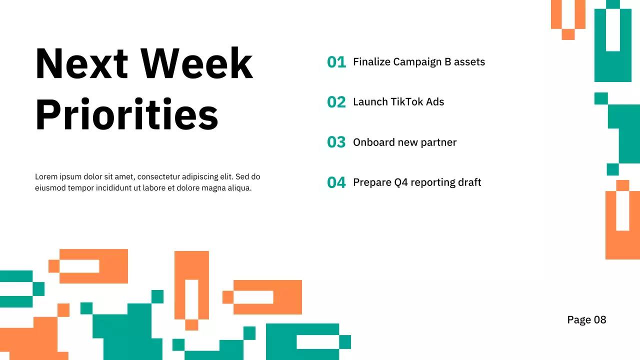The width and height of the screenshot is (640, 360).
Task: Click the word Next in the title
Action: [x=81, y=64]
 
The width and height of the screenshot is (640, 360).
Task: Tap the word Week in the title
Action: [x=196, y=64]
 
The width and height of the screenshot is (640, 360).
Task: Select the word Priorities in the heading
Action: [x=126, y=114]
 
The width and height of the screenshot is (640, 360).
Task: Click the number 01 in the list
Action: [x=336, y=62]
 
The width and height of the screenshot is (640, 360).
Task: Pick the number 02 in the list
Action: [x=336, y=102]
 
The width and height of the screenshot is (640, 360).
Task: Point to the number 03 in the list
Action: [x=336, y=142]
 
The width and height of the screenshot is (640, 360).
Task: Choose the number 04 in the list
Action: [x=336, y=182]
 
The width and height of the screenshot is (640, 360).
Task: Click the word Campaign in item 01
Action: [x=415, y=62]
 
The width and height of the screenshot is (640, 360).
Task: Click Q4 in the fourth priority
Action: [x=401, y=182]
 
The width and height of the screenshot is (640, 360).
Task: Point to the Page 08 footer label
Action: [x=586, y=320]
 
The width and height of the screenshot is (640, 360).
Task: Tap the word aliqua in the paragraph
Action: [x=238, y=188]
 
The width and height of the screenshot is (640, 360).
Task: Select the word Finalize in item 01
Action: [x=371, y=62]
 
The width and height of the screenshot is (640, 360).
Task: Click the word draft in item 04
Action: [x=470, y=182]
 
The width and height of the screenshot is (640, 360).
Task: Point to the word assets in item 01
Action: [x=469, y=62]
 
